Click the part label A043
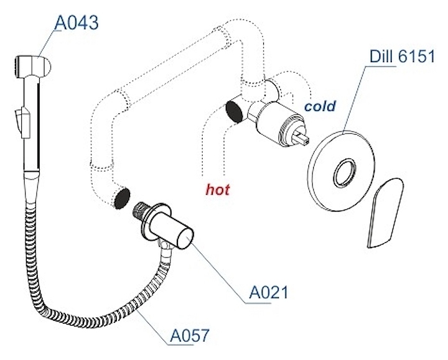click(x=77, y=23)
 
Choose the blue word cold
click(x=319, y=106)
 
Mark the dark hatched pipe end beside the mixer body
click(x=234, y=111)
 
